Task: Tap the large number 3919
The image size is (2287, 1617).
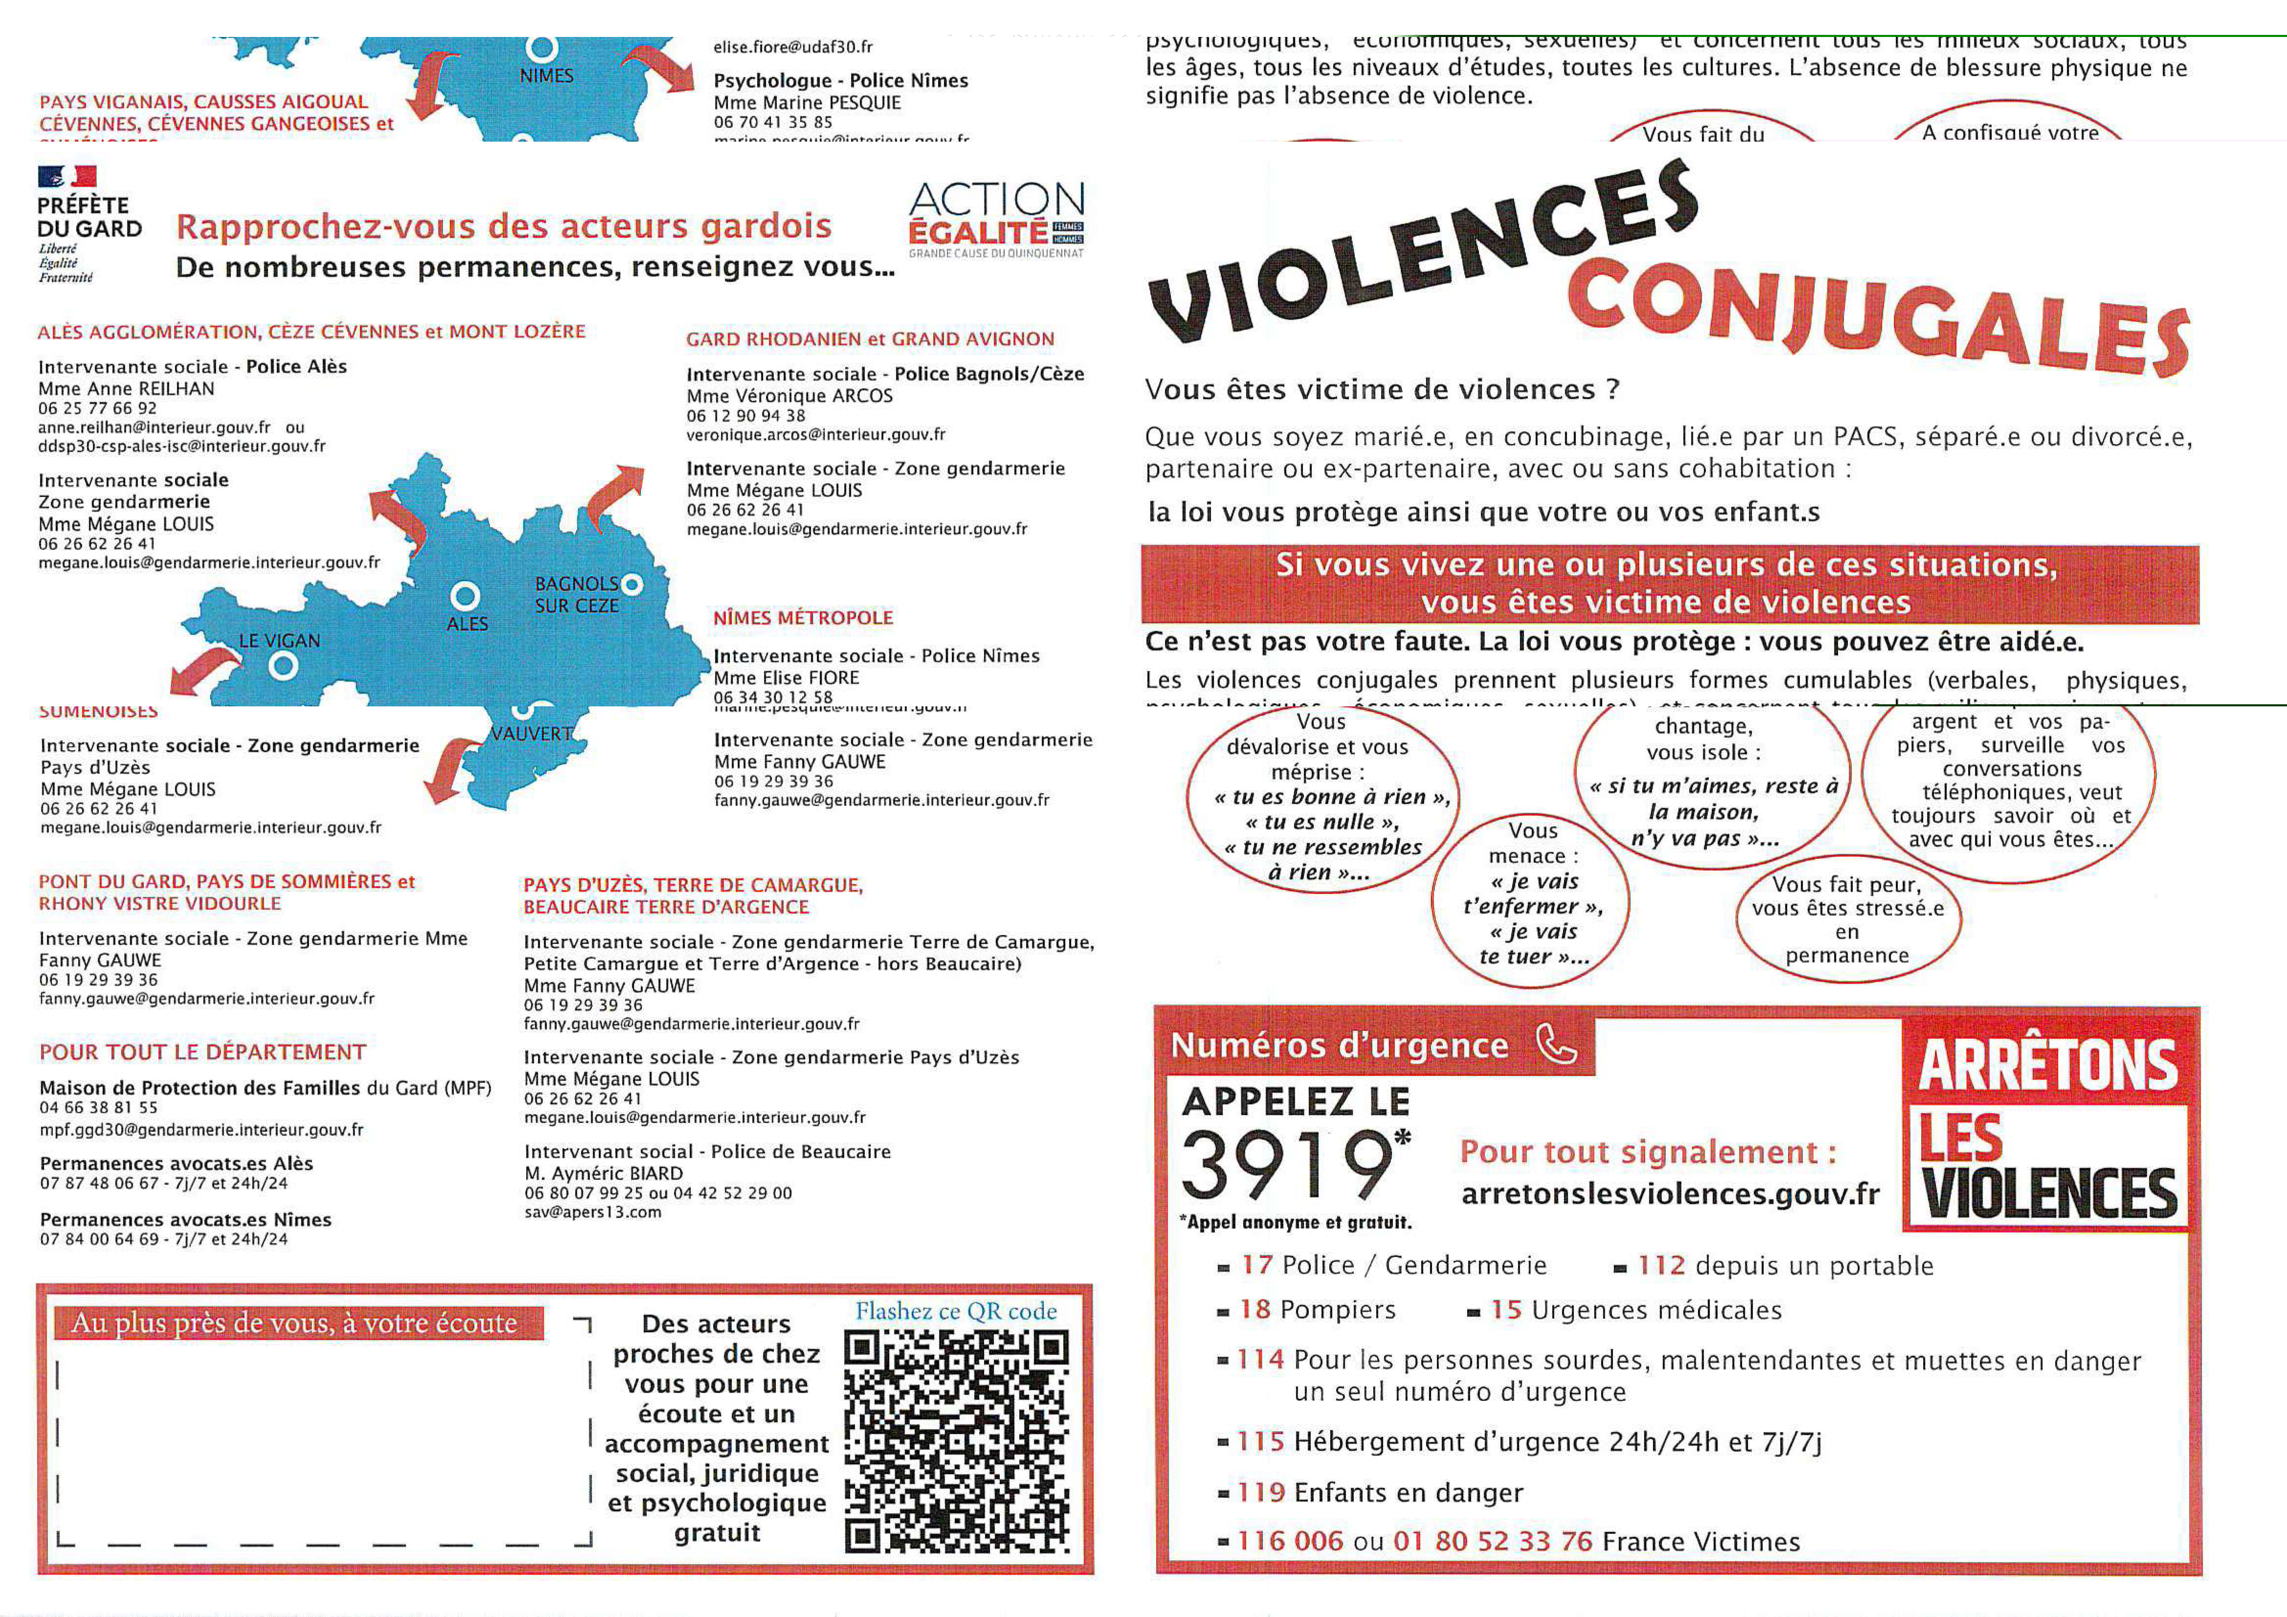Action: pos(1287,1166)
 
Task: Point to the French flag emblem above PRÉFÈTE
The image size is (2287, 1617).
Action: pos(67,176)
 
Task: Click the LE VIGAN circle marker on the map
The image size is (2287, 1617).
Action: pos(283,666)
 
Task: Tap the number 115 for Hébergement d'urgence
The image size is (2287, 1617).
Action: pos(1260,1442)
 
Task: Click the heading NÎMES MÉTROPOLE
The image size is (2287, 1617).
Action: pos(803,618)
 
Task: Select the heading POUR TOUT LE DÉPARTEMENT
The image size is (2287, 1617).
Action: pos(202,1052)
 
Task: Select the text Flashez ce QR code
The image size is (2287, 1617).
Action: pos(955,1311)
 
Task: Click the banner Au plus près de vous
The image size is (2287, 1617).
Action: pos(295,1323)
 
